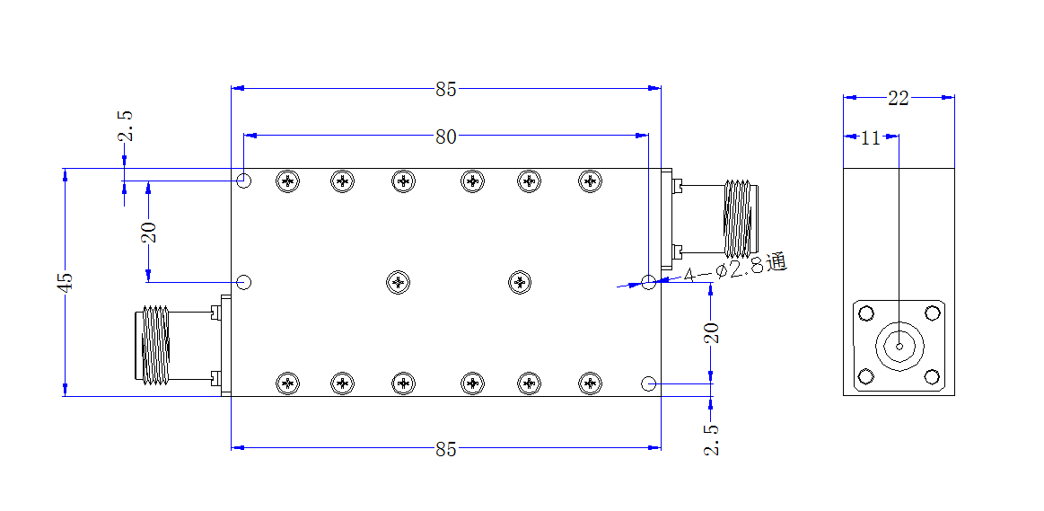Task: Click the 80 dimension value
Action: pyautogui.click(x=446, y=137)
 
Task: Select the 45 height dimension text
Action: pyautogui.click(x=65, y=282)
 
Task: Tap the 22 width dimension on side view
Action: pyautogui.click(x=899, y=99)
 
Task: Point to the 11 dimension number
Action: pyautogui.click(x=870, y=138)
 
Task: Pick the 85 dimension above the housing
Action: pyautogui.click(x=446, y=89)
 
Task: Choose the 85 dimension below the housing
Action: pyautogui.click(x=446, y=450)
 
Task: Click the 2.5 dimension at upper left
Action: pyautogui.click(x=125, y=126)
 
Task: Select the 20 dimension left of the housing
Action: pyautogui.click(x=149, y=231)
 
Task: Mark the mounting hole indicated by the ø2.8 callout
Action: pyautogui.click(x=648, y=282)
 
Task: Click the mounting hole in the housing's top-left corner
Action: pyautogui.click(x=244, y=181)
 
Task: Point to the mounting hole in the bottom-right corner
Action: pyautogui.click(x=648, y=383)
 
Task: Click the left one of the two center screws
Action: pyautogui.click(x=399, y=283)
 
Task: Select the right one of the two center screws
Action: pyautogui.click(x=520, y=283)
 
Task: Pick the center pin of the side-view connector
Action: pyautogui.click(x=899, y=347)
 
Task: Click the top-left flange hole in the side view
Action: pyautogui.click(x=865, y=313)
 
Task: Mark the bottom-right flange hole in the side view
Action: pyautogui.click(x=932, y=378)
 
